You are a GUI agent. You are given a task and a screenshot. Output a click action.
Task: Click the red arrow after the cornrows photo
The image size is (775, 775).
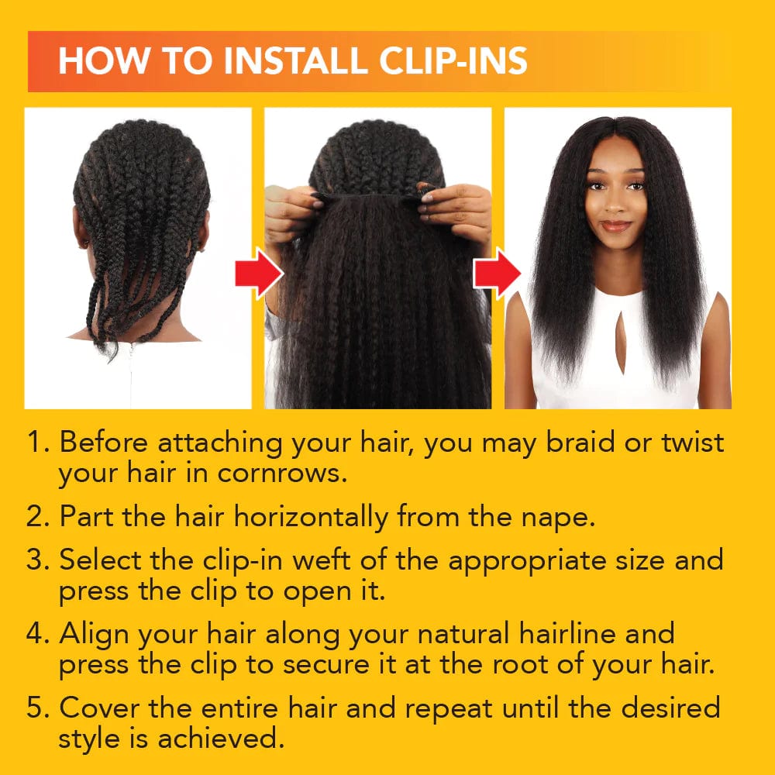click(x=258, y=273)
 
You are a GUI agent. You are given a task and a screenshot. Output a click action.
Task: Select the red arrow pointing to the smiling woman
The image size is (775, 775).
click(x=498, y=273)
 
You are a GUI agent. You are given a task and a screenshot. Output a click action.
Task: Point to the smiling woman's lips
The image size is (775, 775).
click(x=616, y=226)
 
